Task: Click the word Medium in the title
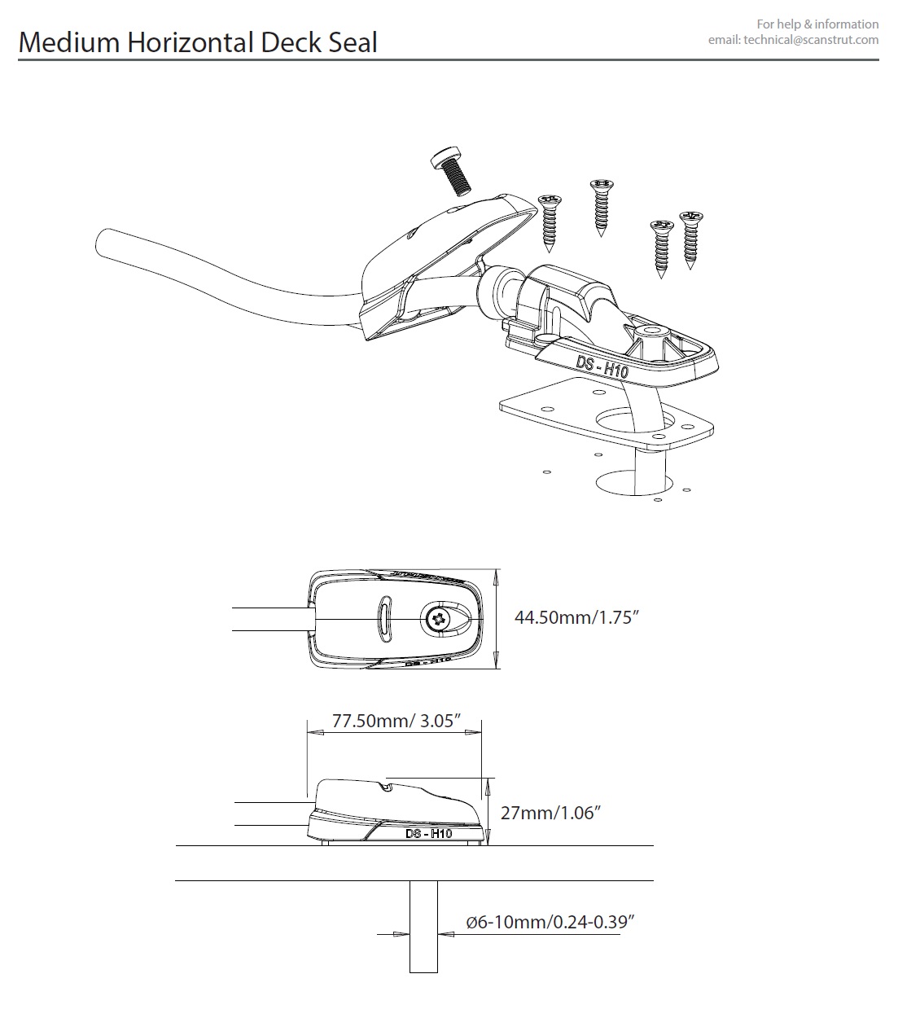(69, 42)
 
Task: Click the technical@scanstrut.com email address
(811, 41)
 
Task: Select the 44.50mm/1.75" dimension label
(576, 617)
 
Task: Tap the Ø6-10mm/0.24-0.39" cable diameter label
(550, 922)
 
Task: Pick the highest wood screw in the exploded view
(601, 207)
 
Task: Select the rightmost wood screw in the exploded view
(691, 239)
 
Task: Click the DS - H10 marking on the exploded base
(602, 367)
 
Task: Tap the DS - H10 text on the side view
(429, 833)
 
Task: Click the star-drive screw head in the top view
(437, 619)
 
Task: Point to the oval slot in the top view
(385, 619)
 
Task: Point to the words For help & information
(817, 24)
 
